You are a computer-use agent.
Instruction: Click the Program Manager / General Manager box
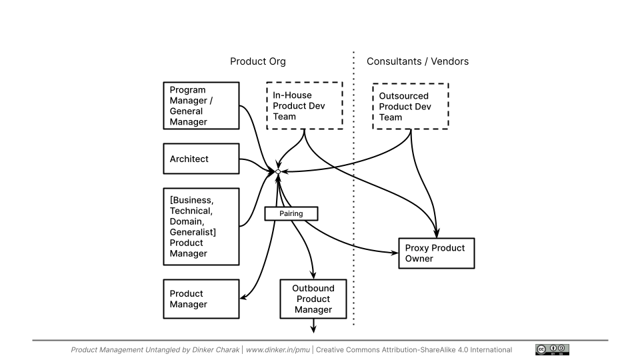tap(201, 105)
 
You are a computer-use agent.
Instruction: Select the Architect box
tap(201, 159)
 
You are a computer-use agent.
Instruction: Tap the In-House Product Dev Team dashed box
tap(304, 106)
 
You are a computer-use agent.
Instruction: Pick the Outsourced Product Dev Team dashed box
tap(409, 107)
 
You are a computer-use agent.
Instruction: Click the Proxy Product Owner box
tap(436, 253)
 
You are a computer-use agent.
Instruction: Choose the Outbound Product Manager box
tap(313, 299)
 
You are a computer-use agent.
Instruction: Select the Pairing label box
tap(291, 213)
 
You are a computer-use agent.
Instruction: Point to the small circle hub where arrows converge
tap(278, 172)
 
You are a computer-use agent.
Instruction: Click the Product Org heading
tap(258, 61)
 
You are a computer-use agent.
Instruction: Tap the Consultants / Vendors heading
tap(417, 61)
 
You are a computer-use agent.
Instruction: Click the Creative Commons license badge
tap(552, 349)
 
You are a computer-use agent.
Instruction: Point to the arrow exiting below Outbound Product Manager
tap(313, 325)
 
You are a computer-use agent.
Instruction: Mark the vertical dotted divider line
tap(353, 200)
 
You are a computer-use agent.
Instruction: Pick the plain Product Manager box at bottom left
tap(201, 299)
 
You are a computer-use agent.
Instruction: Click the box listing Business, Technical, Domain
tap(201, 227)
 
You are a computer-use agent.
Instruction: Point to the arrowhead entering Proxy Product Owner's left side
tap(394, 253)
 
